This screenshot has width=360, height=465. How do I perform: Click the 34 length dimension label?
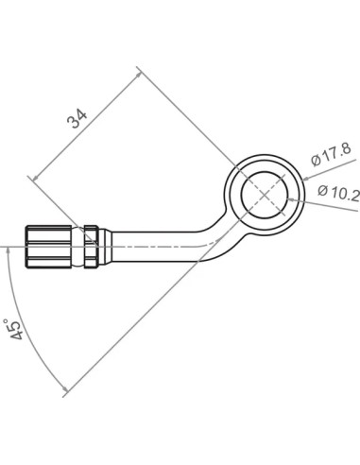(77, 119)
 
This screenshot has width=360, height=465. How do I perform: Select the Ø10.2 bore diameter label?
(338, 193)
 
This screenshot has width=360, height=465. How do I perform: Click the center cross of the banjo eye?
(265, 195)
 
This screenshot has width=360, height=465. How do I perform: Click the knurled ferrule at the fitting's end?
(48, 247)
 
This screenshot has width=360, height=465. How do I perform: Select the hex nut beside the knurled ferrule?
(92, 247)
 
